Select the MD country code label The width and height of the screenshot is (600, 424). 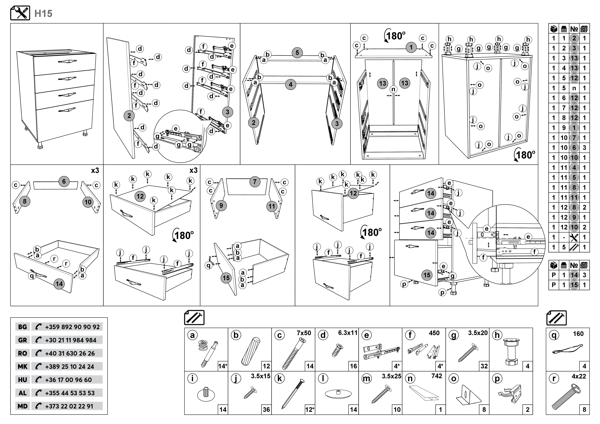(x=22, y=406)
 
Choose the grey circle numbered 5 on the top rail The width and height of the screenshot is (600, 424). (x=297, y=53)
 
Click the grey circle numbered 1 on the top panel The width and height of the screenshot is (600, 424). (x=411, y=47)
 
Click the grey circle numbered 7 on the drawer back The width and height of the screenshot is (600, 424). (x=255, y=182)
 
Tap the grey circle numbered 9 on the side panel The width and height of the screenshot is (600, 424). (x=221, y=206)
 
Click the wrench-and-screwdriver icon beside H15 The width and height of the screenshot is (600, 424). (x=20, y=13)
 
